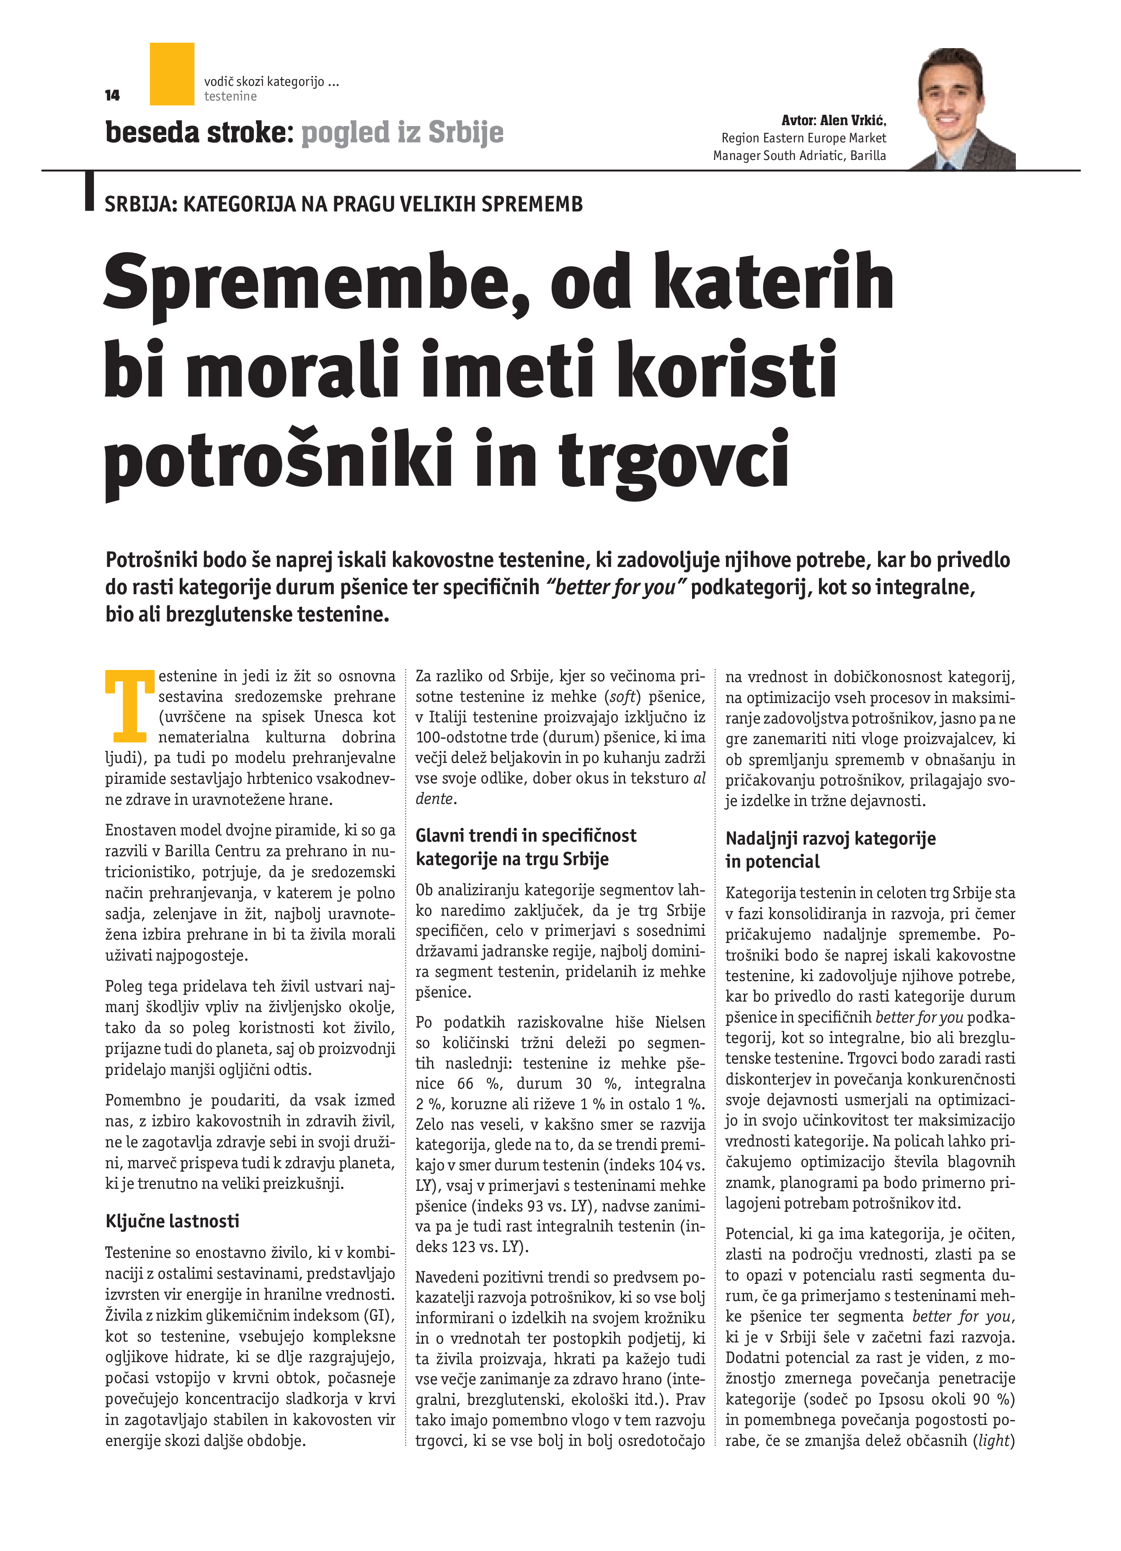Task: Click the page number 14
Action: (113, 96)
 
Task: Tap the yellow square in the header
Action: (172, 74)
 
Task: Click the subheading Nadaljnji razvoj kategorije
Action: (830, 838)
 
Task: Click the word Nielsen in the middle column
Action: (680, 1023)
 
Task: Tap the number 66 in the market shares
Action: (465, 1084)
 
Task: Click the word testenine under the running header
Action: (230, 96)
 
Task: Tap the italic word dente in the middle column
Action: (434, 799)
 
